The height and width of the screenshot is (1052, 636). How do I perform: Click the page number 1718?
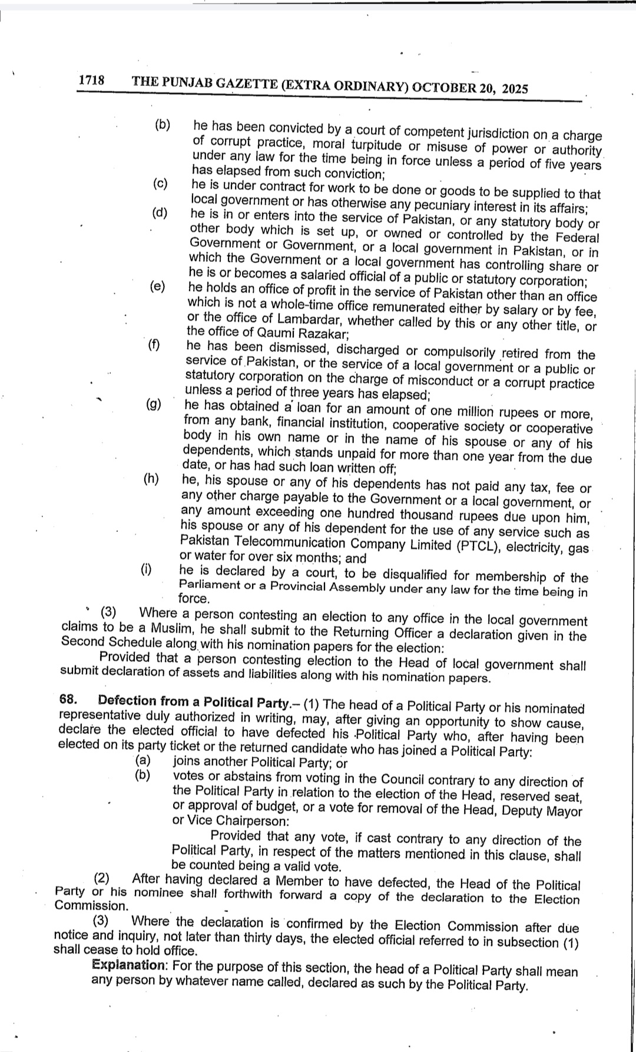(91, 80)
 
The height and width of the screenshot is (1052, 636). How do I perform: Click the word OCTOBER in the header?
(444, 88)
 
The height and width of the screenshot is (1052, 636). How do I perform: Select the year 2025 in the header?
(515, 89)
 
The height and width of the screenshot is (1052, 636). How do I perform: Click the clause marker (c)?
(160, 184)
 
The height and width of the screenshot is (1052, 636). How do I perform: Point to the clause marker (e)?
(157, 287)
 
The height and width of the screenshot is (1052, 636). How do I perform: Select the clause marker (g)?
(154, 404)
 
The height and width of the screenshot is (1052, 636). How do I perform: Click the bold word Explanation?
(128, 965)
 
